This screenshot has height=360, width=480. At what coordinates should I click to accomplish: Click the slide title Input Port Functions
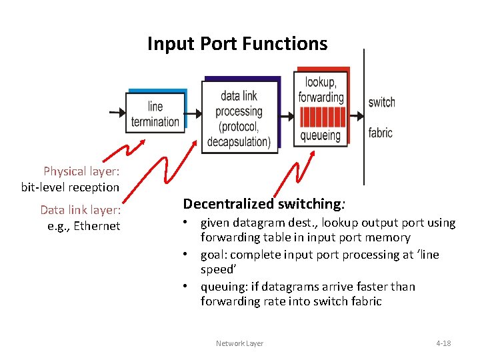coord(237,44)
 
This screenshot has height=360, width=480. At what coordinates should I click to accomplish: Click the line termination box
coord(155,114)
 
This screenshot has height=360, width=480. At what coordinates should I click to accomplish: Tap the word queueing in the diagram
coord(321,135)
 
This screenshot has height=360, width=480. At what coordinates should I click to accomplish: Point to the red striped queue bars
coord(321,116)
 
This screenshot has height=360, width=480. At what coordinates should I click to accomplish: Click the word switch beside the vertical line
coord(381,102)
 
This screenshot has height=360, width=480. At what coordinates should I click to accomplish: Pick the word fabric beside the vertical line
coord(381,133)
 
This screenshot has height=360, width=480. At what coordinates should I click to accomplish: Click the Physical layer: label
coord(81,171)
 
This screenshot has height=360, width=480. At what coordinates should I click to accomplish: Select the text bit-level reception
coord(70,187)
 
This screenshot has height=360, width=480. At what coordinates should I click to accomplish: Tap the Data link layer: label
coord(80,210)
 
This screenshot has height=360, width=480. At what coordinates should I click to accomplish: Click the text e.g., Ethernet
coord(84,226)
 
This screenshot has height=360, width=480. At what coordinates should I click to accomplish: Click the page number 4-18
coord(443,343)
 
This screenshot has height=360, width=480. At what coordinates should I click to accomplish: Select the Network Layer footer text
coord(239,343)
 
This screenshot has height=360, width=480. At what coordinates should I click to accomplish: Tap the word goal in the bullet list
coord(212,255)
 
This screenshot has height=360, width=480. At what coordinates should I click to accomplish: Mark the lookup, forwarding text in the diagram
coord(321,89)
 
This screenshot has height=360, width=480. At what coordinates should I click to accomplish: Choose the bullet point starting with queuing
coord(307,294)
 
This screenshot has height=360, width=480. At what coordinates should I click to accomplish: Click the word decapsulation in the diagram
coord(238,142)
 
